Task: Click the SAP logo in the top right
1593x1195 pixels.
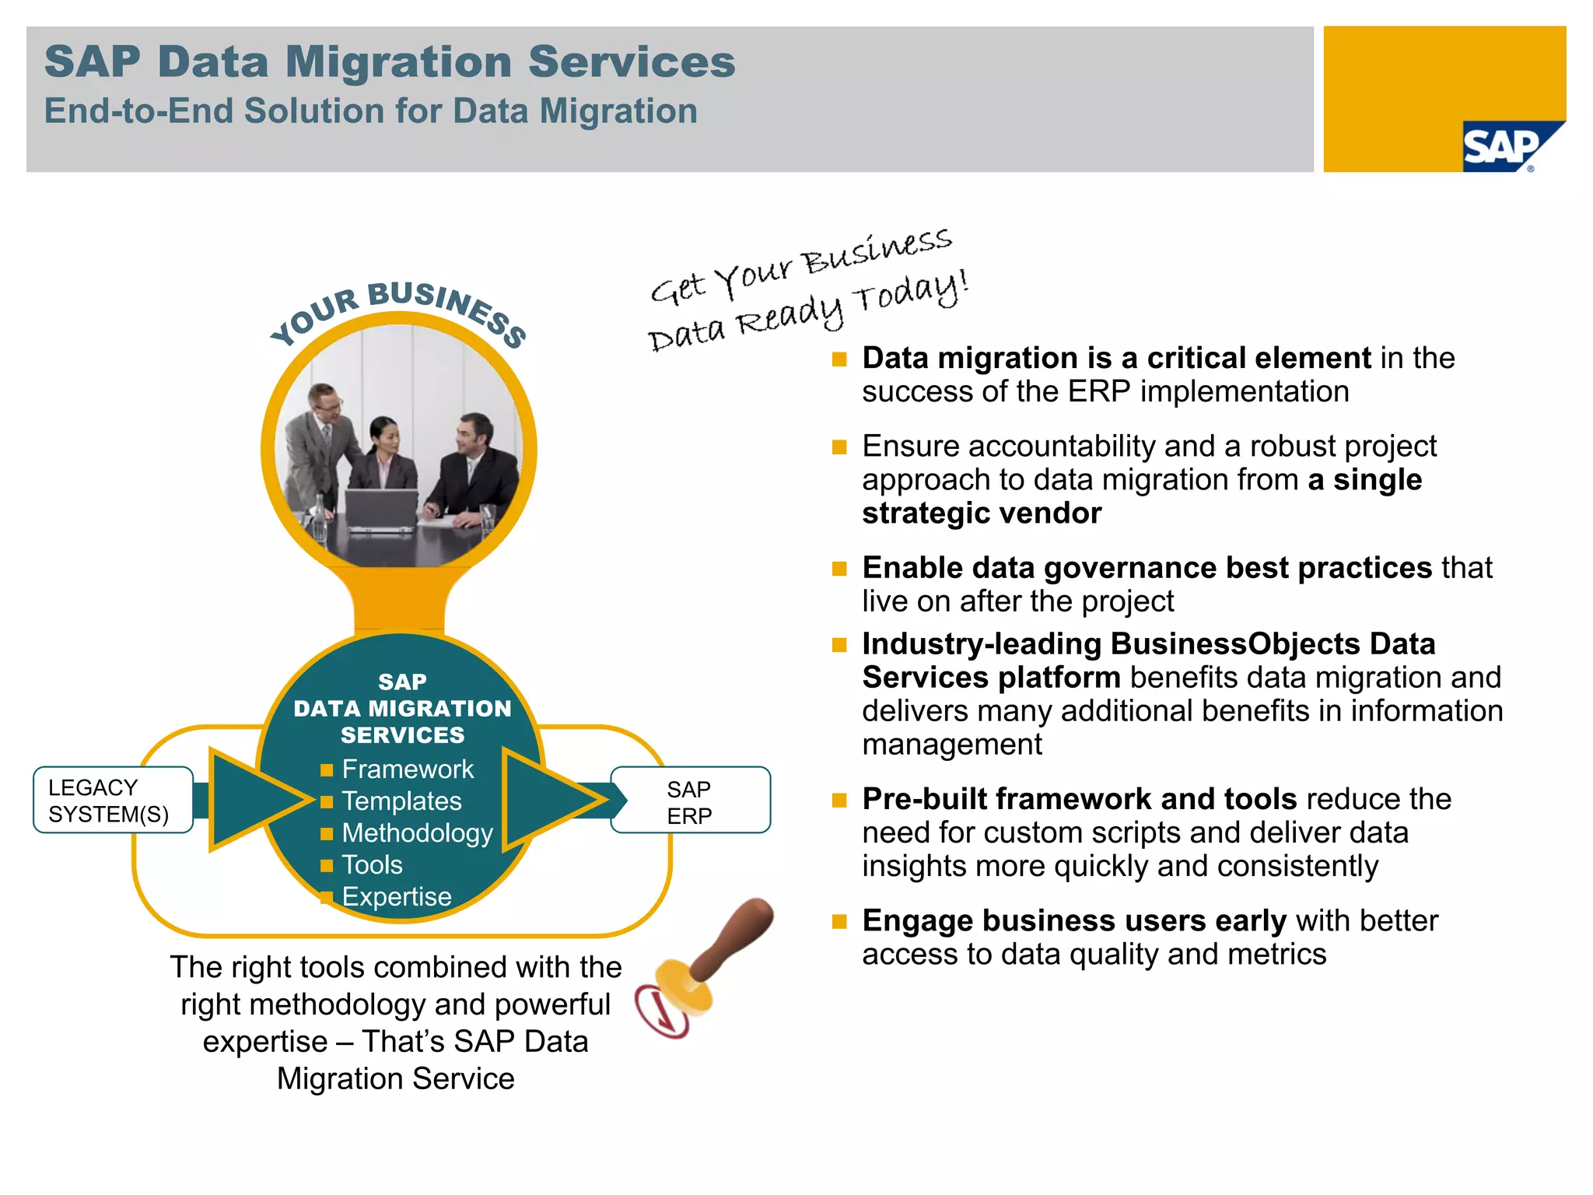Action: point(1505,146)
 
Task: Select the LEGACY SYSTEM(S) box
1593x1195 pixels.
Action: point(113,800)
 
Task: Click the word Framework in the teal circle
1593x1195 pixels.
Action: point(408,769)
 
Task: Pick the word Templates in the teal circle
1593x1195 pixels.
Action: point(401,801)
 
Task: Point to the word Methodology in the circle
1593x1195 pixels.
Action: point(417,833)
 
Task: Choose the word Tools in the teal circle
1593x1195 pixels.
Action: point(372,865)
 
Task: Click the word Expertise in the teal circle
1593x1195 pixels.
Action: point(397,897)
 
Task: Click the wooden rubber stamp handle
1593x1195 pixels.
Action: point(735,937)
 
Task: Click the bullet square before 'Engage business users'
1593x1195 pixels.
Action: point(839,922)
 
